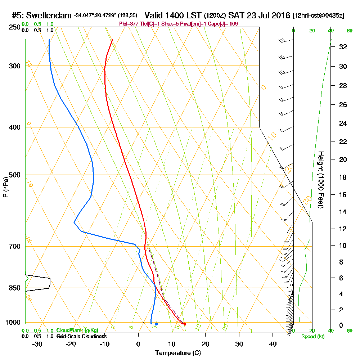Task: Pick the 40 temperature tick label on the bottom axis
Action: click(x=273, y=344)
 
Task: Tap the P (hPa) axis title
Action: click(x=5, y=187)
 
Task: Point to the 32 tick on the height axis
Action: click(x=342, y=47)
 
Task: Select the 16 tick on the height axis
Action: click(x=342, y=195)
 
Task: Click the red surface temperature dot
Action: click(x=185, y=324)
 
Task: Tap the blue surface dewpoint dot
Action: click(x=156, y=324)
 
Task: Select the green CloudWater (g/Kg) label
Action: click(x=77, y=330)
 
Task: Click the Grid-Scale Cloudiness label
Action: click(x=81, y=336)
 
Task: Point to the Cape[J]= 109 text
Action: click(x=225, y=24)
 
